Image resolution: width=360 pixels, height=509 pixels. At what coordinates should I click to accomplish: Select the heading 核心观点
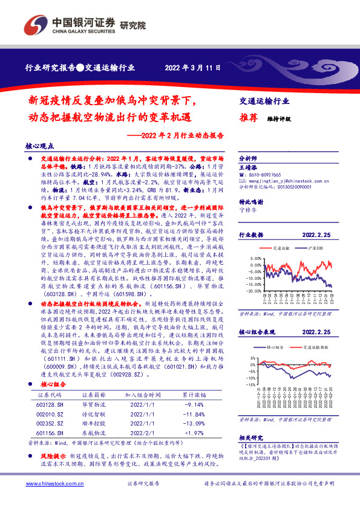click(41, 146)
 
